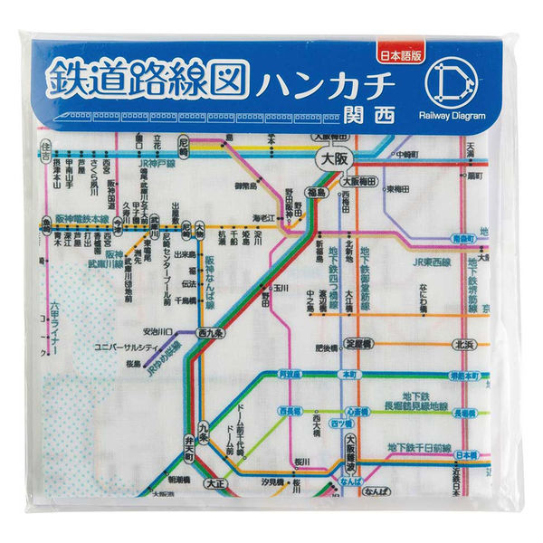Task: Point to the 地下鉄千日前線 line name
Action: [418, 447]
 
